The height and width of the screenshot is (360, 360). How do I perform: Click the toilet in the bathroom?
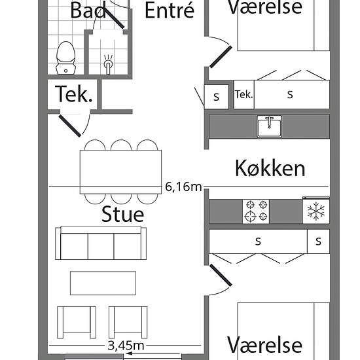tap(65, 58)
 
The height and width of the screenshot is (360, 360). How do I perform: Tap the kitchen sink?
tap(269, 126)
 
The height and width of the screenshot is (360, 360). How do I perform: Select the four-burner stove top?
tap(256, 211)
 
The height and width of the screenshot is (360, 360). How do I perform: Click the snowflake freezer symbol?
tap(316, 210)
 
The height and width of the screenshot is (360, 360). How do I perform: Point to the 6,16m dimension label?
tap(183, 187)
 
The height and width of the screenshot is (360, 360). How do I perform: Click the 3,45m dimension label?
tap(126, 345)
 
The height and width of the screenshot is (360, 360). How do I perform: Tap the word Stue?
tap(123, 214)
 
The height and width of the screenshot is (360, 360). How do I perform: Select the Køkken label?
tap(270, 168)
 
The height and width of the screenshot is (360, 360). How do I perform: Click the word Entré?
tap(170, 10)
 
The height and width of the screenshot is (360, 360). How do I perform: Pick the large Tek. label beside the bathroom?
tap(74, 94)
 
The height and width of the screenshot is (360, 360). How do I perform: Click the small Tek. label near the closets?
tap(244, 94)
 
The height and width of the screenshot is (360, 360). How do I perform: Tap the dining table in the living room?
tap(121, 172)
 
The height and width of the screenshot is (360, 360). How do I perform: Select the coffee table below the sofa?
tap(103, 283)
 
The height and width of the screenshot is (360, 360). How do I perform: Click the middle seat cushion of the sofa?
tap(101, 246)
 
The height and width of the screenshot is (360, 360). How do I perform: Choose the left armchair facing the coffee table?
tap(77, 322)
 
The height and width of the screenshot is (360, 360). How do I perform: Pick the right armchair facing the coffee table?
tap(128, 322)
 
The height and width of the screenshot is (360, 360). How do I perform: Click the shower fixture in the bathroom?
tap(108, 64)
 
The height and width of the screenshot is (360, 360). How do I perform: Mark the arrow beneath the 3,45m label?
tap(154, 353)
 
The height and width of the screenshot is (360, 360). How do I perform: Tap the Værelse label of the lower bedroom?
tap(264, 344)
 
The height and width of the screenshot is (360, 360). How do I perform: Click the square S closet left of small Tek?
tap(217, 97)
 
